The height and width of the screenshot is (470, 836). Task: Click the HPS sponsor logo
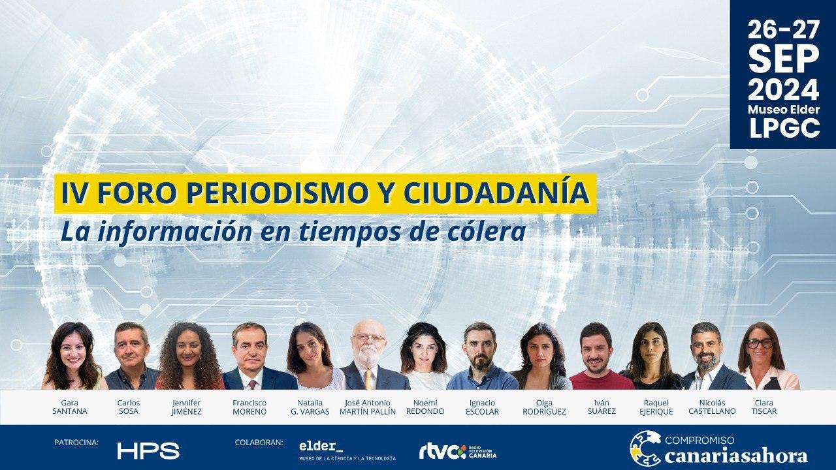[x=148, y=450]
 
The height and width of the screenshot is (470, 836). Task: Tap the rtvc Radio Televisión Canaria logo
[x=458, y=451]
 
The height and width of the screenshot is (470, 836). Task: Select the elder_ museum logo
[x=347, y=451]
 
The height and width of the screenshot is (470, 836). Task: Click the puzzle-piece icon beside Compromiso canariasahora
[x=645, y=448]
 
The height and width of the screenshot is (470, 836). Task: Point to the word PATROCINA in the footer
[x=76, y=443]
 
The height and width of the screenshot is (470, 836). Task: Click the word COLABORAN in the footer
[x=259, y=443]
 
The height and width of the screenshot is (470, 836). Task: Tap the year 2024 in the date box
[x=783, y=89]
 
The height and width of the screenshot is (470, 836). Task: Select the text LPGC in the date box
[x=784, y=129]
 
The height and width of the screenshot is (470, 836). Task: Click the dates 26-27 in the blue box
[x=783, y=29]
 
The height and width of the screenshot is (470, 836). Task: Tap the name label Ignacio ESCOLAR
[x=482, y=407]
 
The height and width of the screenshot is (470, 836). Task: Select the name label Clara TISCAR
[x=764, y=407]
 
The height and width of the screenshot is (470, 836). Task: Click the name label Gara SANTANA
[x=70, y=407]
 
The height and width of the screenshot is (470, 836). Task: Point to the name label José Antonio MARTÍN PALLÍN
[x=368, y=407]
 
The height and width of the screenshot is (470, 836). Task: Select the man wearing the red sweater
[x=598, y=356]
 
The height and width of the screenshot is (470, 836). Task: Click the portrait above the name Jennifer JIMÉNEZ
[x=189, y=356]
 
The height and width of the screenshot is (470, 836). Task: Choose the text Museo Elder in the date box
[x=784, y=110]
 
